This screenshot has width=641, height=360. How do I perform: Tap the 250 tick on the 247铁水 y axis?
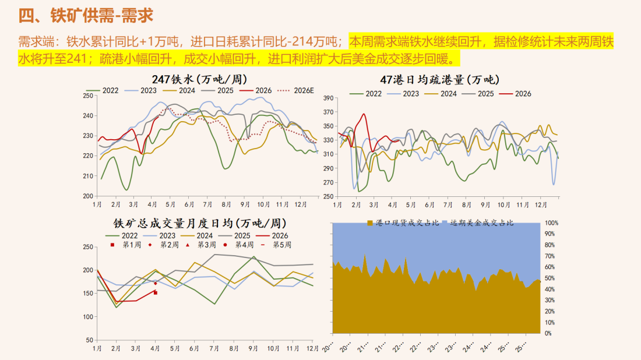[x=87, y=96]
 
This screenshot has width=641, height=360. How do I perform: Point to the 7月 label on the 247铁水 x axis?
[x=207, y=204]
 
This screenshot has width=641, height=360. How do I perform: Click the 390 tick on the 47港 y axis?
[x=326, y=98]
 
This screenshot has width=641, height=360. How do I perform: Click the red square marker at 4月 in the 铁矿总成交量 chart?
[x=156, y=292]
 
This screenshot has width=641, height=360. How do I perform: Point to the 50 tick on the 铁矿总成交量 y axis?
[x=89, y=340]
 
